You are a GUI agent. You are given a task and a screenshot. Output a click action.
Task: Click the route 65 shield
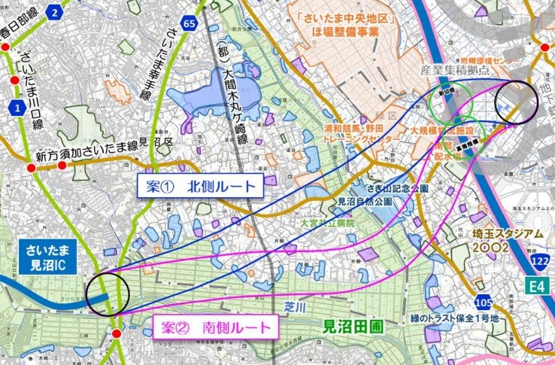(x=190, y=25)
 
